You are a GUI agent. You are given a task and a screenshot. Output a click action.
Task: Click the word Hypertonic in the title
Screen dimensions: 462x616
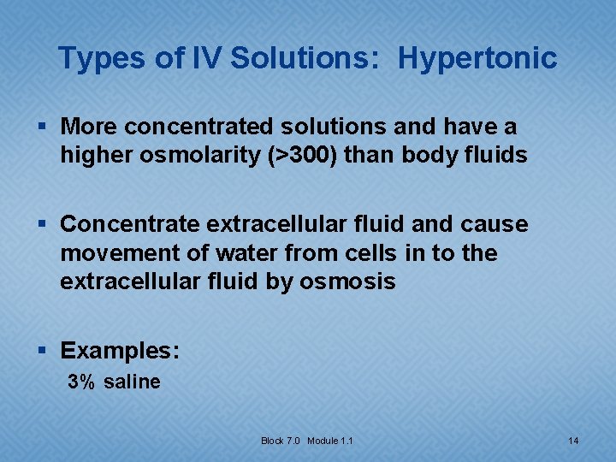tap(477, 59)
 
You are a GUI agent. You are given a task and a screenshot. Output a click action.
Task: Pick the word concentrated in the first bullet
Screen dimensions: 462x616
tap(195, 127)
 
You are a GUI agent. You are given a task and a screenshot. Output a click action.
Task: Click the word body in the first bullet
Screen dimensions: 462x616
tap(437, 156)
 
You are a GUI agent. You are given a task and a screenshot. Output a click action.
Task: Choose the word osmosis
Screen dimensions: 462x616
tap(347, 282)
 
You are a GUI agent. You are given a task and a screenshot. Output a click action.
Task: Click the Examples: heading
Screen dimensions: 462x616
tap(120, 351)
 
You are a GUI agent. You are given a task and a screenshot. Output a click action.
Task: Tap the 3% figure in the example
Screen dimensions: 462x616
tap(82, 382)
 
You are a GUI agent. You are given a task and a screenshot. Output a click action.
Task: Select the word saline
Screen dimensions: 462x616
tap(132, 382)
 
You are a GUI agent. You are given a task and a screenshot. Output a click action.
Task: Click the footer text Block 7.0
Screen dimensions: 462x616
tap(281, 441)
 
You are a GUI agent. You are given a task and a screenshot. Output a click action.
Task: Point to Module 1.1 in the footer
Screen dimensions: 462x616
tap(330, 441)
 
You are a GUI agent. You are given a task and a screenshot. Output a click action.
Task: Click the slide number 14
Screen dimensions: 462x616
tap(573, 441)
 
